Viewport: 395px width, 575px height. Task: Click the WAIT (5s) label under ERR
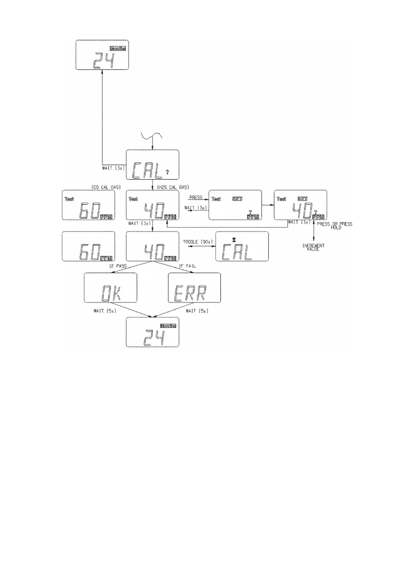pos(196,311)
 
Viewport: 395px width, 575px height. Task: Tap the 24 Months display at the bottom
pos(153,332)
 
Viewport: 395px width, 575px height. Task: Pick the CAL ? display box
pos(153,165)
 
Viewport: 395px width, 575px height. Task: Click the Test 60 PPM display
pos(88,205)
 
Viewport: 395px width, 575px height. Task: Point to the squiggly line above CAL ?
pos(152,136)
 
